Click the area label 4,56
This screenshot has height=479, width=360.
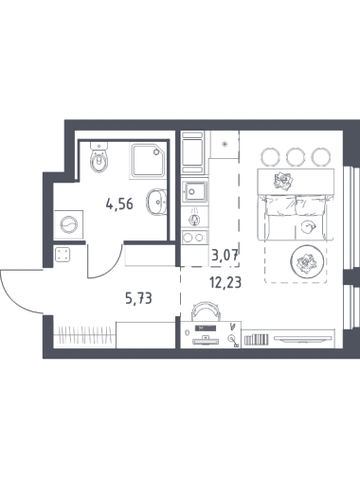click(x=119, y=204)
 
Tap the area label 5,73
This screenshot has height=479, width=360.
click(x=138, y=298)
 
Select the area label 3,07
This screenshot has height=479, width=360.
click(x=225, y=254)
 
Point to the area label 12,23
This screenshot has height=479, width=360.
click(x=225, y=282)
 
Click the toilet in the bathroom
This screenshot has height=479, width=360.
click(x=99, y=157)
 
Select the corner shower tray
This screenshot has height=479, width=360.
click(x=148, y=161)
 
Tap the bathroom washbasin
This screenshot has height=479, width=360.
click(x=156, y=202)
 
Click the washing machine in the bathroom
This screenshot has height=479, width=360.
click(x=68, y=224)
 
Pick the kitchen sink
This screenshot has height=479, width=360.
click(x=195, y=191)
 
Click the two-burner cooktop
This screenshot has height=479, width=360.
click(x=195, y=237)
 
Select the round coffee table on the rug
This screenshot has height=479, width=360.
click(x=307, y=261)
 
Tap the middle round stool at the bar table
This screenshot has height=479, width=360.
click(x=294, y=156)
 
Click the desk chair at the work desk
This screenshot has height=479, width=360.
click(x=207, y=309)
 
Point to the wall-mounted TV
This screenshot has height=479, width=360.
click(x=303, y=339)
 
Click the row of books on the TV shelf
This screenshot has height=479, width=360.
click(x=257, y=340)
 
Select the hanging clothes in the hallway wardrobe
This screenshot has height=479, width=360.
click(x=85, y=334)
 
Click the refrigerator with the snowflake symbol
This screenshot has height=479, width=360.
click(x=225, y=145)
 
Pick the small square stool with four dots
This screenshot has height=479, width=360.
click(x=62, y=255)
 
